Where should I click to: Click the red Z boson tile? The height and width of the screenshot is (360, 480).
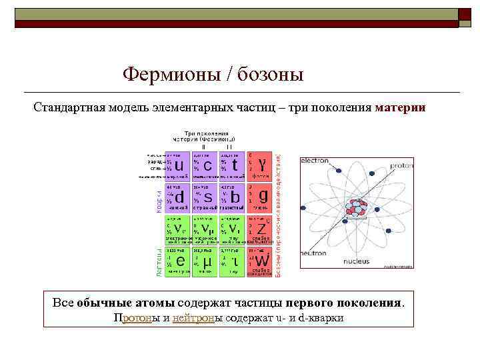[x=260, y=230]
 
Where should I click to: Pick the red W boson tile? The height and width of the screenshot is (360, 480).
[x=260, y=260]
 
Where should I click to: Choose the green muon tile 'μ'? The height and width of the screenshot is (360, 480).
[x=205, y=260]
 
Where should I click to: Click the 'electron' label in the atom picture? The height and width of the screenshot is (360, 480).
[x=315, y=161]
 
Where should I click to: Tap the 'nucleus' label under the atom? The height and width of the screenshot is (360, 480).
[x=356, y=261]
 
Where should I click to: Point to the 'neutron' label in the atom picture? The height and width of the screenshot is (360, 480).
[x=313, y=253]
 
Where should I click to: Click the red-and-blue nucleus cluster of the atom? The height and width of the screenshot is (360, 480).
[x=356, y=208]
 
